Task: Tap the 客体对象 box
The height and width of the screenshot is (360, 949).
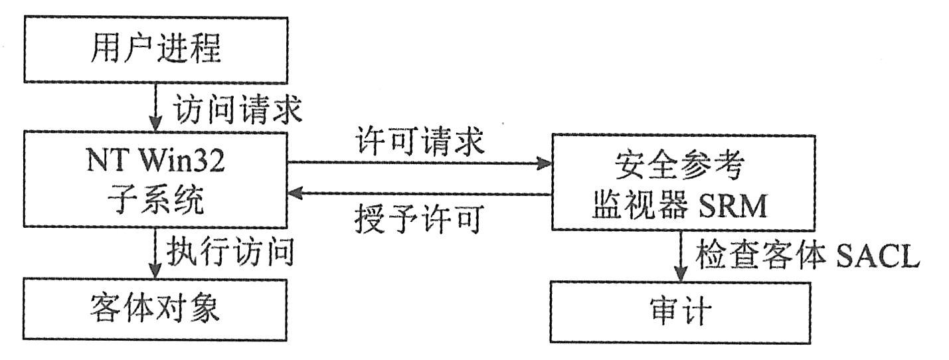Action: [155, 310]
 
